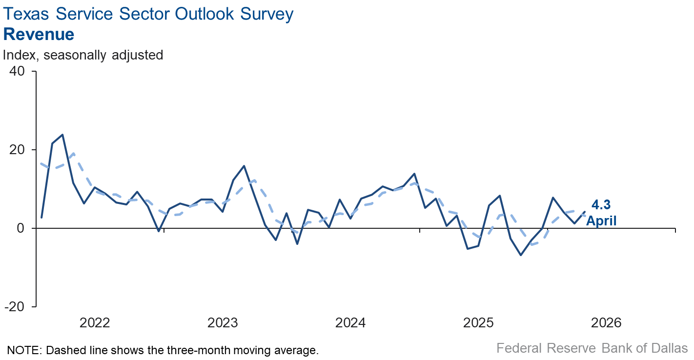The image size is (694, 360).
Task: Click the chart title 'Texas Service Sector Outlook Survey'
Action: pos(148,14)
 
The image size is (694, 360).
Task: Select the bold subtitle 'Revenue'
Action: pos(39,35)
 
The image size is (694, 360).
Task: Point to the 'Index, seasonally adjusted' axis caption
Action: pos(83,55)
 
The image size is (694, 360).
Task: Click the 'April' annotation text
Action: pos(601,221)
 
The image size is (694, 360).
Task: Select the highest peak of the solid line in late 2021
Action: pos(62,135)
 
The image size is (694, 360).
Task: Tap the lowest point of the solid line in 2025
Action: pos(521,255)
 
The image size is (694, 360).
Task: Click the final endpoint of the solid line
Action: pos(585,211)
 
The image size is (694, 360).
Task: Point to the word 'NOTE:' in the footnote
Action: pos(22,350)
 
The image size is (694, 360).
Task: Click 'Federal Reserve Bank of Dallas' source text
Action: pos(592,348)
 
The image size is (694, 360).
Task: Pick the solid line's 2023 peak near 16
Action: pos(244,166)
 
